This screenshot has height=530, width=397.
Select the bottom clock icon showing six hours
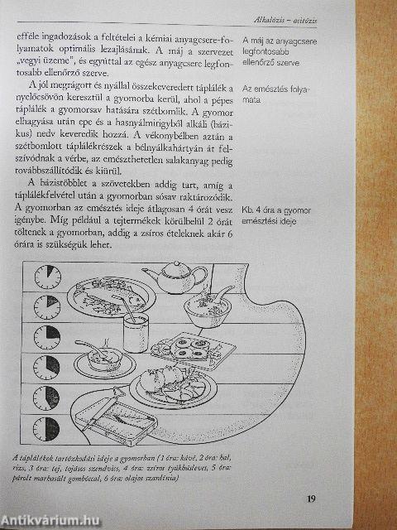pos(47,427)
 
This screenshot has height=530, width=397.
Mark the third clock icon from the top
pos(48,335)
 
